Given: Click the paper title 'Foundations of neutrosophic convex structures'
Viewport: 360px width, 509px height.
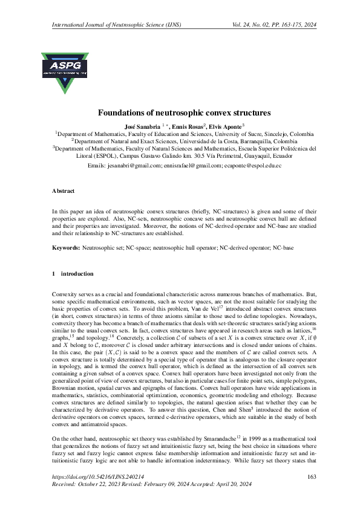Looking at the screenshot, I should pos(180,112).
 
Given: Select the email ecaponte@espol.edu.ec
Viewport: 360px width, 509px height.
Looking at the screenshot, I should pos(252,165).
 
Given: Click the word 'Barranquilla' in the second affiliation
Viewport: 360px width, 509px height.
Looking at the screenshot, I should pos(246,140).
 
